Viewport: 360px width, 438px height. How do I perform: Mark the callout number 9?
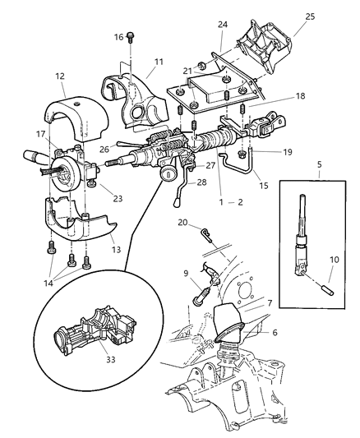pyautogui.click(x=187, y=274)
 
